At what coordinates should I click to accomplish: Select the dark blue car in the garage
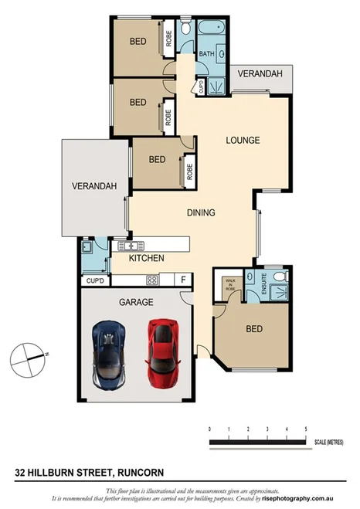tap(109, 355)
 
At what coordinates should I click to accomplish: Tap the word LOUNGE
tap(242, 141)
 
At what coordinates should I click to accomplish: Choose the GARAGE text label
tap(136, 302)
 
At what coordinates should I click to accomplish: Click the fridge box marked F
tap(184, 280)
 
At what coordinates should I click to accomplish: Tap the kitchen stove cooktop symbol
tap(152, 280)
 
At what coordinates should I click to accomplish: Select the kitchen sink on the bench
tap(128, 246)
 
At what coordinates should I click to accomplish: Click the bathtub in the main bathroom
tap(209, 29)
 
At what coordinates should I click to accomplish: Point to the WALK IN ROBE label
tap(229, 283)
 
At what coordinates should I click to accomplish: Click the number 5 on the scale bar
tap(307, 428)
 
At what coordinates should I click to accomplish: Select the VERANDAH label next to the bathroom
tap(259, 74)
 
